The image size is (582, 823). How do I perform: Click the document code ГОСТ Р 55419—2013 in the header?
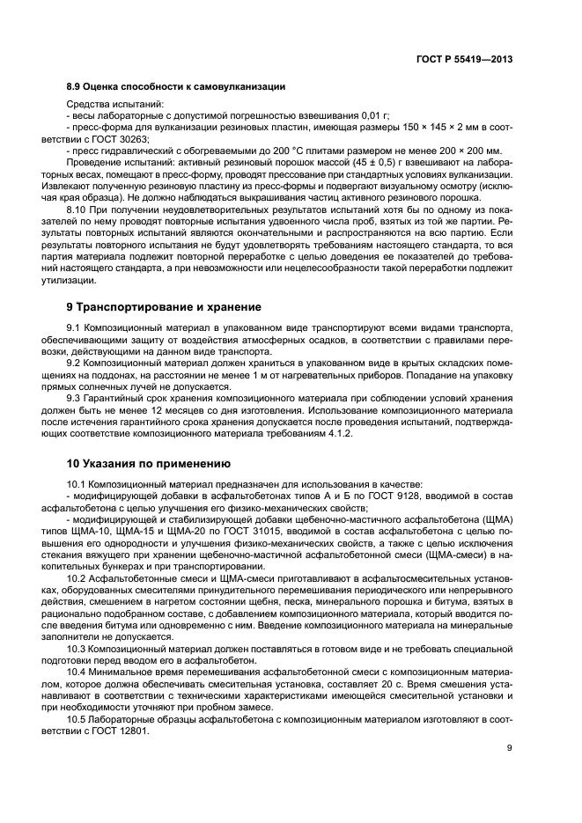coord(464,58)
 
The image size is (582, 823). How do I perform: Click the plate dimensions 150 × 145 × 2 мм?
coord(431,128)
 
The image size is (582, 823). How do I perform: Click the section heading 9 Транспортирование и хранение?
coord(164,307)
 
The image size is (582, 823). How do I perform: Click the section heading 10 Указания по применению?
coord(149,462)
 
